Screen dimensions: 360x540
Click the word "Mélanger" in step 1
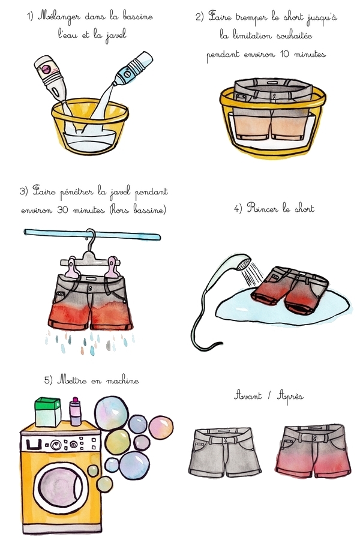59,17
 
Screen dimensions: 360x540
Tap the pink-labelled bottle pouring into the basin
52,79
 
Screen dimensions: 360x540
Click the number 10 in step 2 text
284,54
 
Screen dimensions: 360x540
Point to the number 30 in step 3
62,209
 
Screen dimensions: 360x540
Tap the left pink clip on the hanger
73,266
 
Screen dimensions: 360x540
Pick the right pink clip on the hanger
113,266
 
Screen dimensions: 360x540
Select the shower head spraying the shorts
242,262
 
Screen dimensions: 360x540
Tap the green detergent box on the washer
48,412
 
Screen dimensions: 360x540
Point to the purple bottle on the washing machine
75,412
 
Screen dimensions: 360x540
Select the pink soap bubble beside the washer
161,427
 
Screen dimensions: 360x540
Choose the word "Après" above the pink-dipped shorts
290,396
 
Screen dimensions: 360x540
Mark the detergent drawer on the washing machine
33,445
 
